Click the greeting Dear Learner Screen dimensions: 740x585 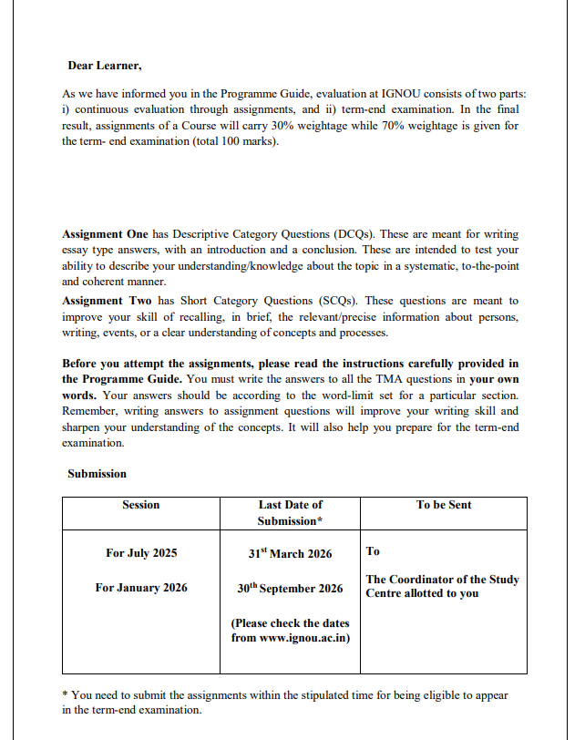(x=104, y=66)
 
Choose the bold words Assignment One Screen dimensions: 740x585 (x=105, y=233)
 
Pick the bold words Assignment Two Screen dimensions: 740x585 (x=105, y=301)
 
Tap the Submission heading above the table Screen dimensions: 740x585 (x=97, y=474)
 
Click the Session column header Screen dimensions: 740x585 (x=140, y=505)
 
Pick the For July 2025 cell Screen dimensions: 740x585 (x=141, y=553)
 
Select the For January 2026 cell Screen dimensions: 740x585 (x=141, y=588)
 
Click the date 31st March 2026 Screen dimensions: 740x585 (x=290, y=553)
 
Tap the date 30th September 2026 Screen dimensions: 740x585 (x=290, y=588)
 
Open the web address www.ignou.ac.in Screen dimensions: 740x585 (x=303, y=637)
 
